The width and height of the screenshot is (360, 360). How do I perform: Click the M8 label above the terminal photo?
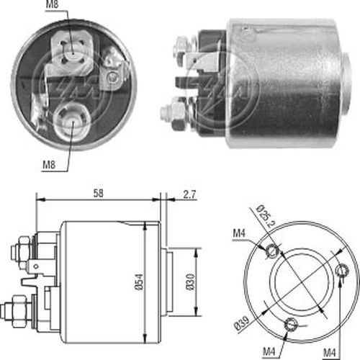click(x=53, y=4)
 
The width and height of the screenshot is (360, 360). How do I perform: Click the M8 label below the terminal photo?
click(x=49, y=165)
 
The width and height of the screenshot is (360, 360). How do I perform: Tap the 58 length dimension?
click(x=99, y=193)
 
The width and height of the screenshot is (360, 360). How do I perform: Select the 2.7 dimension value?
click(x=189, y=194)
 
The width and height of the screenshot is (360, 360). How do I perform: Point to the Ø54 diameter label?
click(x=139, y=282)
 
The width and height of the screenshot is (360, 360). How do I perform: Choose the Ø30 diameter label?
click(x=190, y=282)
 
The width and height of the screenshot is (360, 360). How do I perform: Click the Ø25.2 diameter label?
click(x=266, y=217)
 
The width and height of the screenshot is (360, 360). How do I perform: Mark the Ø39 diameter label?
click(x=242, y=323)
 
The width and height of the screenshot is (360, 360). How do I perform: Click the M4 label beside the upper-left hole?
click(x=239, y=233)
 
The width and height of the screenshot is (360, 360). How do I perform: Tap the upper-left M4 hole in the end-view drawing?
click(x=272, y=251)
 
